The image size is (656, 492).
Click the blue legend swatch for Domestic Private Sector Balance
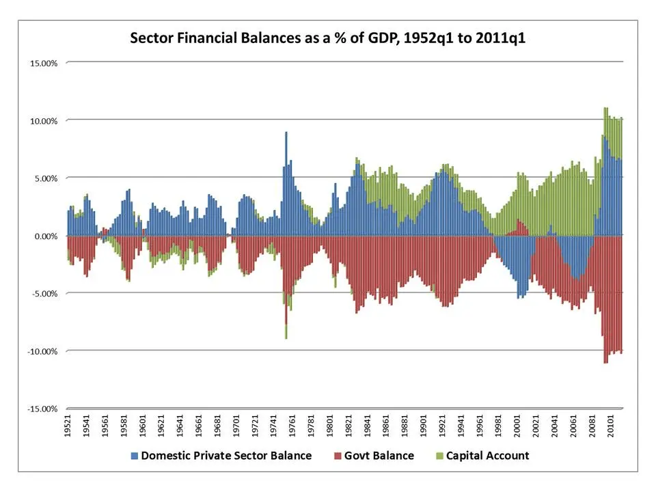coord(134,456)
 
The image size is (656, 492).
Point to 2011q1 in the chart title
coord(500,38)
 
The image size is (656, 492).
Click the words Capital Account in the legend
coord(487,456)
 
